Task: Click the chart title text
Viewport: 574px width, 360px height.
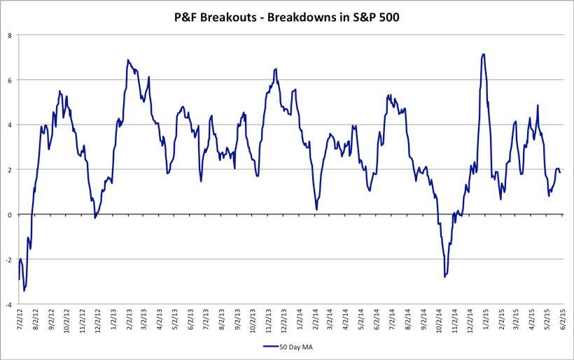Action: (x=287, y=18)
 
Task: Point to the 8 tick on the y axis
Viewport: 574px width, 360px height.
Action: (x=10, y=35)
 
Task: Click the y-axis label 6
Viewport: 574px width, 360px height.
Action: (x=10, y=80)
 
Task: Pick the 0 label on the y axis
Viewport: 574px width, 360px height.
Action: (x=10, y=215)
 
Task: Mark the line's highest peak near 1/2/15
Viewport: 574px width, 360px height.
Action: (x=483, y=54)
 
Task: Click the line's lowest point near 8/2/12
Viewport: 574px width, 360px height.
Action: (x=24, y=290)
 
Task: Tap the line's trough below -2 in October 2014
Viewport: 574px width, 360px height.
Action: (x=444, y=277)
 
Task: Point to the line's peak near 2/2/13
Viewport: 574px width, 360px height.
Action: (x=128, y=60)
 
